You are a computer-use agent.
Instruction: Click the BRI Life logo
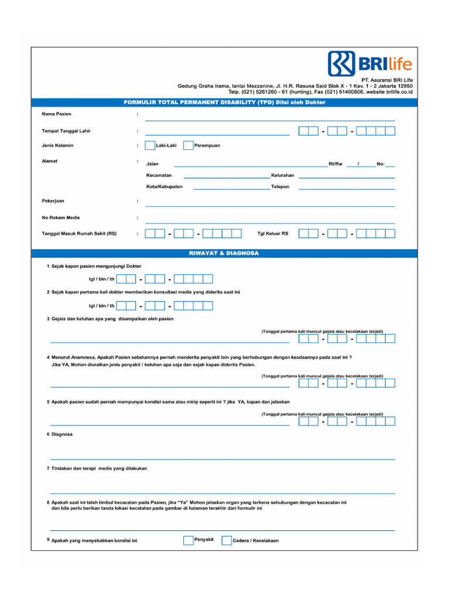pos(370,63)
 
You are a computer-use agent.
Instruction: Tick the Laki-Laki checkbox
pos(150,145)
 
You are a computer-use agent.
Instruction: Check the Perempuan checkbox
pos(188,145)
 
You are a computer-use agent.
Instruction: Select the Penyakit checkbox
pos(188,540)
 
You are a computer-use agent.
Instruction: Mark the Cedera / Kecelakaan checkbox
pos(226,540)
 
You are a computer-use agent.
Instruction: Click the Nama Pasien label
pos(56,114)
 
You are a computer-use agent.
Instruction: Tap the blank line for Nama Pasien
pos(270,119)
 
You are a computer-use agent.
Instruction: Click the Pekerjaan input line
pos(270,205)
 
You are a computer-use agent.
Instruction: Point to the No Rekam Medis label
pos(60,217)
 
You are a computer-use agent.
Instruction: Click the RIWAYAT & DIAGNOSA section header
pos(224,254)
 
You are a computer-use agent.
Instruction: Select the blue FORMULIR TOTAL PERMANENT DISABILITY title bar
pos(224,103)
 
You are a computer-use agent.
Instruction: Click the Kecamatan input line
pos(226,177)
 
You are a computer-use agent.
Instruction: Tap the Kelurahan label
pos(282,175)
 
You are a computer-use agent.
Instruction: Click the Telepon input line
pos(346,189)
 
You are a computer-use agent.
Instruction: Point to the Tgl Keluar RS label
pos(273,233)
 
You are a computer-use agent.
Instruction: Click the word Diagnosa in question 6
pos(62,434)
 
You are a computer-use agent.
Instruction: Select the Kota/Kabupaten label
pos(165,187)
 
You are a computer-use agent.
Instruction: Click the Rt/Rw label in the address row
pos(335,164)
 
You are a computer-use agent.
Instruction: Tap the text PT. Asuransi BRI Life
pos(387,80)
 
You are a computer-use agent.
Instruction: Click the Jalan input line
pos(250,166)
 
